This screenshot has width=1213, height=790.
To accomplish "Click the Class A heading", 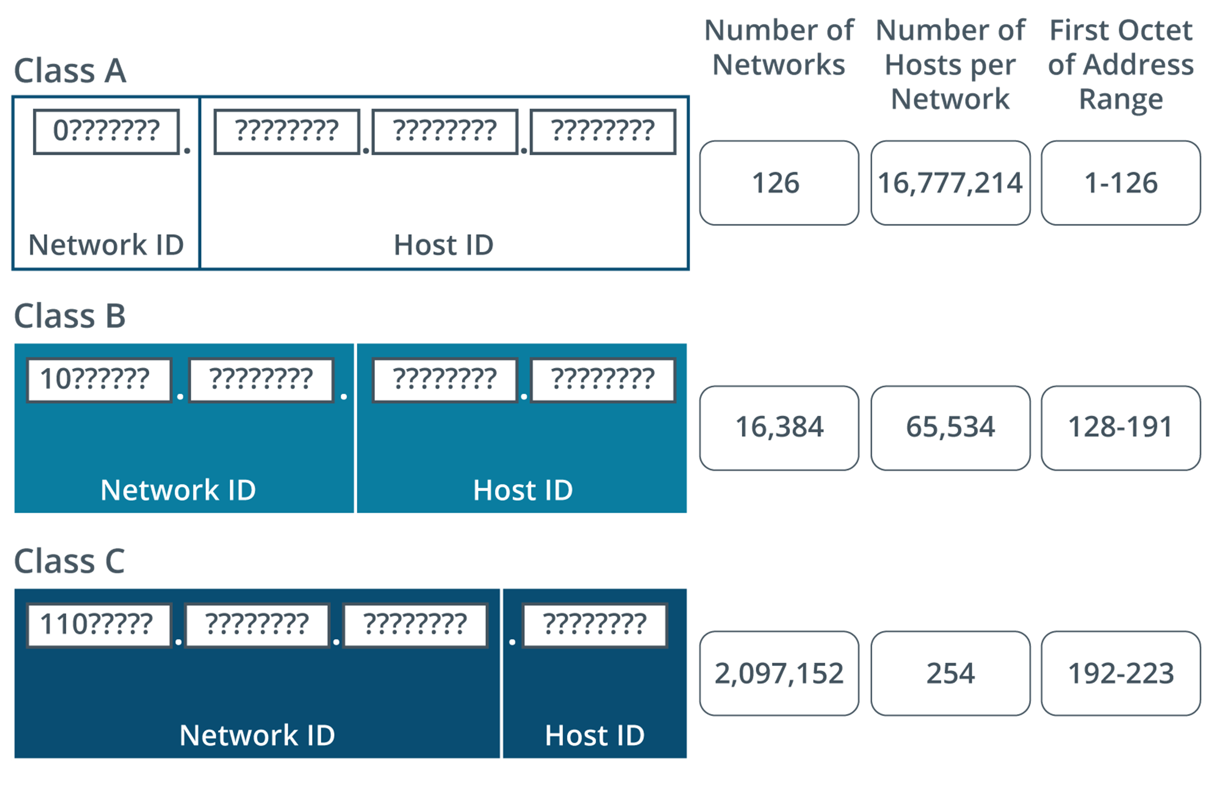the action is pyautogui.click(x=70, y=71).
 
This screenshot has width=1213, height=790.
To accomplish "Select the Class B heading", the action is pyautogui.click(x=70, y=315).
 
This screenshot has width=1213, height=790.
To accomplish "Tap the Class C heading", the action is pyautogui.click(x=70, y=561).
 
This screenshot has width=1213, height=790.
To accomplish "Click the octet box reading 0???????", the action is pyautogui.click(x=106, y=132).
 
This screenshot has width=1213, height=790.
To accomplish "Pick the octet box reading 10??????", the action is pyautogui.click(x=99, y=380).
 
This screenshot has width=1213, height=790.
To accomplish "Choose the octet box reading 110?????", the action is pyautogui.click(x=99, y=625).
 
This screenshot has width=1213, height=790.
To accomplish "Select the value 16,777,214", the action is pyautogui.click(x=950, y=183).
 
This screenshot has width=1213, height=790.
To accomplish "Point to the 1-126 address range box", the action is pyautogui.click(x=1121, y=183).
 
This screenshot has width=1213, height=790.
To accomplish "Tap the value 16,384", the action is pyautogui.click(x=778, y=428).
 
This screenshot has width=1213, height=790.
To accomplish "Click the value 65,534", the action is pyautogui.click(x=950, y=428).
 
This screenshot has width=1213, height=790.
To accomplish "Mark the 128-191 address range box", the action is pyautogui.click(x=1121, y=428).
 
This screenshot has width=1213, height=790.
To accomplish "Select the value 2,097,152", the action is pyautogui.click(x=778, y=673).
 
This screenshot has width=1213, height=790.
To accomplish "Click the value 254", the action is pyautogui.click(x=950, y=673).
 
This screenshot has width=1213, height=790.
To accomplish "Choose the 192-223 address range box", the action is pyautogui.click(x=1121, y=673).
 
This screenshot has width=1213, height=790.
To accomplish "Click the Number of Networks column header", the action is pyautogui.click(x=778, y=47).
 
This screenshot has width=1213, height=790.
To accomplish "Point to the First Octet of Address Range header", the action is pyautogui.click(x=1121, y=65).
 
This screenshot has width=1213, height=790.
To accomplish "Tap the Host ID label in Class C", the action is pyautogui.click(x=595, y=735).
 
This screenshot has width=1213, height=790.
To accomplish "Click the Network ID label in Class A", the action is pyautogui.click(x=106, y=245).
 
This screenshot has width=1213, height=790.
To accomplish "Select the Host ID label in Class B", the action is pyautogui.click(x=522, y=490).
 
